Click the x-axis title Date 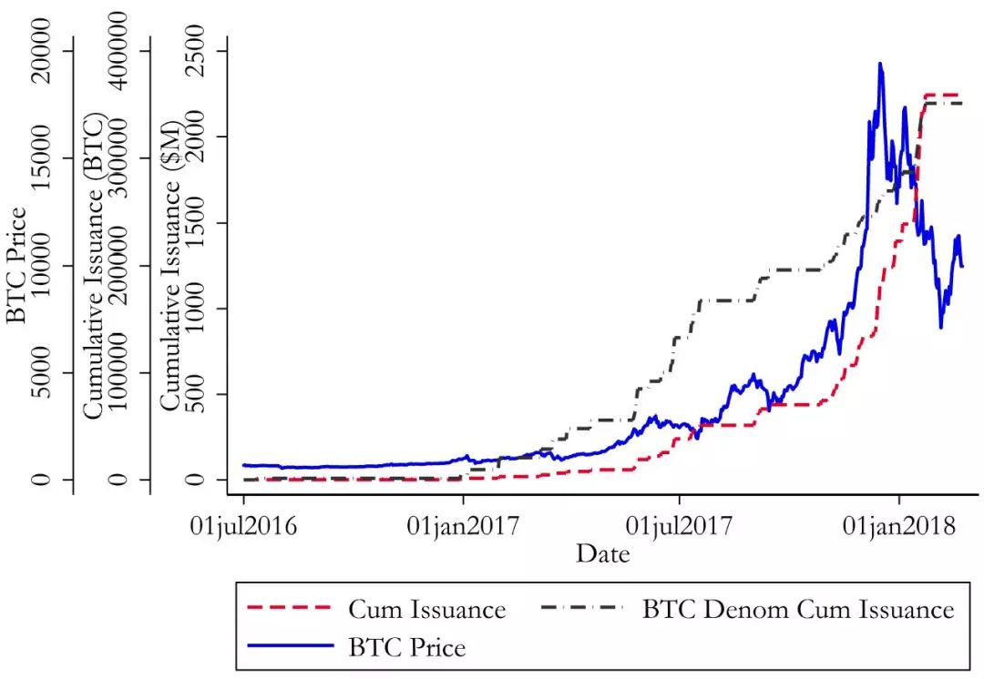tap(602, 552)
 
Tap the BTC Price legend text tap(406, 648)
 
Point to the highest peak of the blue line tap(880, 64)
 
